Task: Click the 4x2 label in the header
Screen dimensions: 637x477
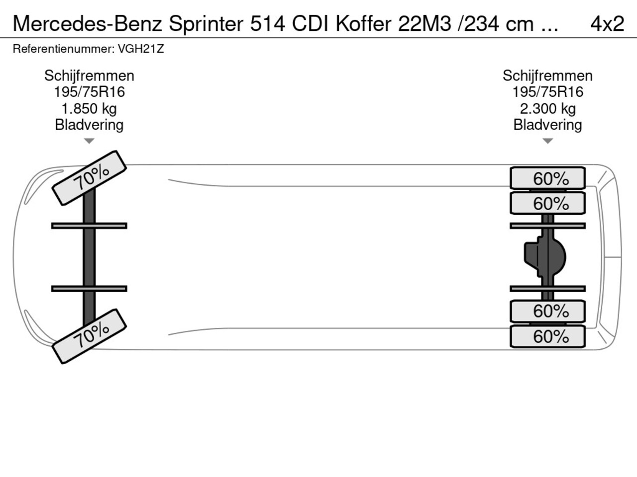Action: point(607,24)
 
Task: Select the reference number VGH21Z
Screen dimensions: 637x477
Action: point(141,49)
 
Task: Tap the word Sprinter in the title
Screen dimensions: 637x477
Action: point(206,24)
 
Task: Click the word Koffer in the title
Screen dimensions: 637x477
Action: point(364,24)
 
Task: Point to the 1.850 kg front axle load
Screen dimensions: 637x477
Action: point(89,109)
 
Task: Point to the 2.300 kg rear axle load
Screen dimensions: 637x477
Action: point(547,109)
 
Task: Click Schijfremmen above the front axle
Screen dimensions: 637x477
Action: point(89,76)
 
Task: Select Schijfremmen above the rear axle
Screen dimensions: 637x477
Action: point(547,76)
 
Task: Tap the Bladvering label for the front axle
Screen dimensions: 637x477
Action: point(89,125)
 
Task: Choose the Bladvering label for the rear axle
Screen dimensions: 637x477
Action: point(547,125)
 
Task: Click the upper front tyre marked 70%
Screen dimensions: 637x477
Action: point(89,178)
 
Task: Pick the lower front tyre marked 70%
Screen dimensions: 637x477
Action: point(89,336)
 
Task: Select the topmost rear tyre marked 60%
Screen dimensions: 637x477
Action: point(547,178)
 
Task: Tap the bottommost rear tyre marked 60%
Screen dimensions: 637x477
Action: point(547,336)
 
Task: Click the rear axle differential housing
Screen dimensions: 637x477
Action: point(545,256)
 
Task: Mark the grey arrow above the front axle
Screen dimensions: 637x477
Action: point(89,141)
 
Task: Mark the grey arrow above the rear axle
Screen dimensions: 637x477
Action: point(547,141)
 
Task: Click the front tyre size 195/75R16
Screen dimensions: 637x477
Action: point(89,92)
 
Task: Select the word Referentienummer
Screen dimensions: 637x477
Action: point(64,49)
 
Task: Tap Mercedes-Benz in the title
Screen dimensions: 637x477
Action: point(88,24)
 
